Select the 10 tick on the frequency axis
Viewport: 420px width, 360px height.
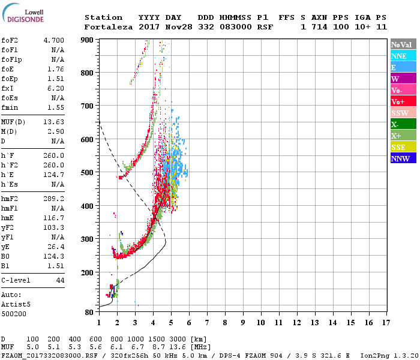(262, 322)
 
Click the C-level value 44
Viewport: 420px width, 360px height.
(60, 280)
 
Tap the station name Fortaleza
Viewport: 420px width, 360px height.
(109, 27)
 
